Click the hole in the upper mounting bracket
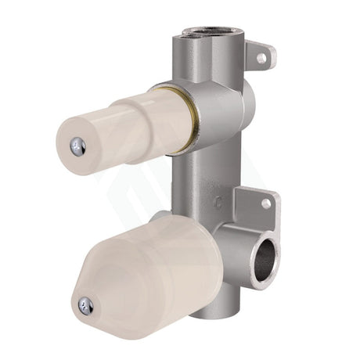click(x=261, y=58)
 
